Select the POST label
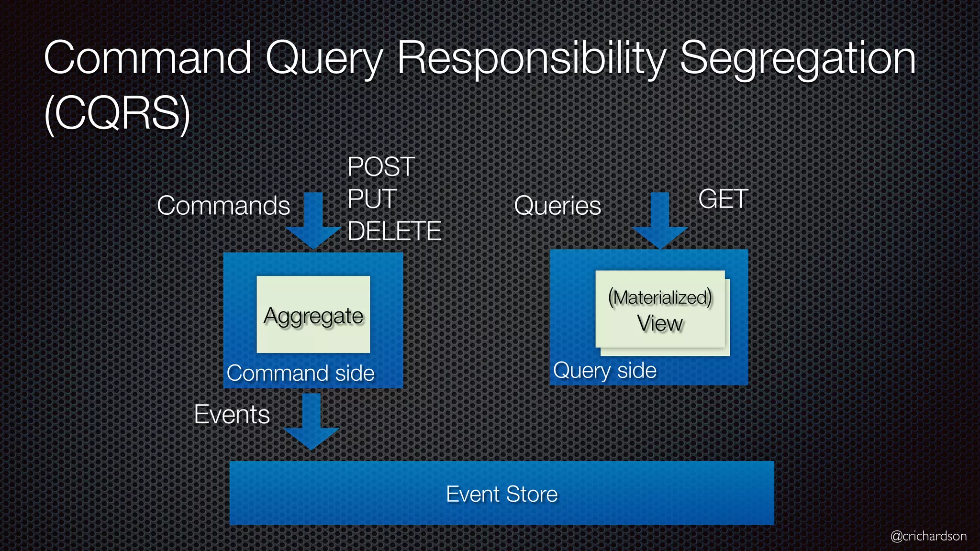[x=381, y=167]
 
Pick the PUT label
[x=372, y=199]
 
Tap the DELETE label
[x=394, y=231]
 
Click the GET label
[x=723, y=199]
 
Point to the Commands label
[x=223, y=206]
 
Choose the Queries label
[x=557, y=206]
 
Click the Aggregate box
[x=313, y=315]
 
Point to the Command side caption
[x=300, y=373]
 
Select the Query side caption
[x=605, y=371]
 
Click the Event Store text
[x=501, y=494]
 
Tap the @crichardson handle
[x=928, y=536]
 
